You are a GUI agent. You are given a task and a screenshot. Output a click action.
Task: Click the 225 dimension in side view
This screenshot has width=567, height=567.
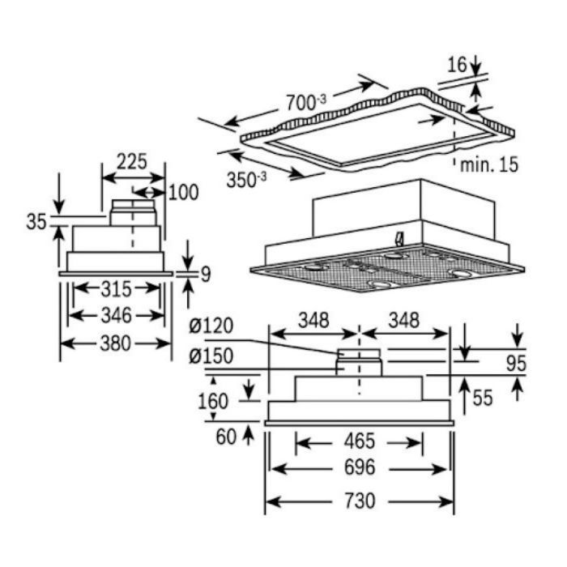pos(131,161)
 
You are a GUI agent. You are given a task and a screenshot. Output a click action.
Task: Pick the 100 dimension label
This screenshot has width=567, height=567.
pos(183,192)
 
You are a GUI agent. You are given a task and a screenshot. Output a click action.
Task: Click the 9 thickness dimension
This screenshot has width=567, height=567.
pos(204,274)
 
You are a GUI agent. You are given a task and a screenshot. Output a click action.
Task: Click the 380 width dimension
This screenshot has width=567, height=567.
pos(114,343)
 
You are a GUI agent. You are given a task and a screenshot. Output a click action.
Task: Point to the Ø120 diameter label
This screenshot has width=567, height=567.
pos(210,326)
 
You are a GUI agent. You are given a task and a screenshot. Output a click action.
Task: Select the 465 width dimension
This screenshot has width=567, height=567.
pos(359,441)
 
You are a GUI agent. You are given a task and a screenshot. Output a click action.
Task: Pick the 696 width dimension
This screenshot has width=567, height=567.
pos(359,469)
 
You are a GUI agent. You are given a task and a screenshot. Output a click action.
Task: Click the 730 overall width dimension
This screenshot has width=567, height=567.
pos(359,501)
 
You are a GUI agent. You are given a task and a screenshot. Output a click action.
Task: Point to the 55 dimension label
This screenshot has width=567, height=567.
pos(484,397)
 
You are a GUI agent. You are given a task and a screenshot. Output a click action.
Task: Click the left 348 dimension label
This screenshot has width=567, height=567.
pos(312,319)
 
